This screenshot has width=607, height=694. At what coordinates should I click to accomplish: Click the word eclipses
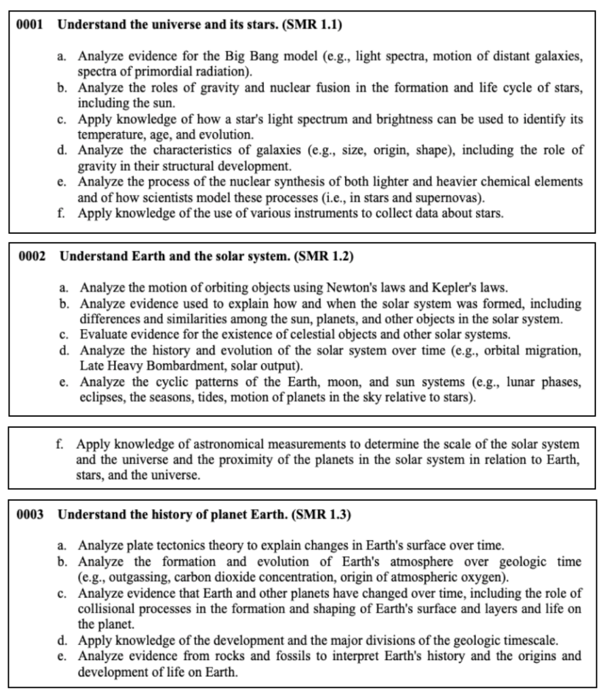(x=98, y=396)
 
